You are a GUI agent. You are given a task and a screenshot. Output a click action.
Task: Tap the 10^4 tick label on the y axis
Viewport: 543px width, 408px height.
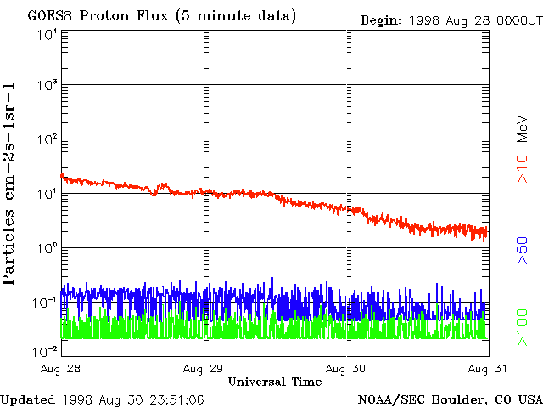pyautogui.click(x=46, y=35)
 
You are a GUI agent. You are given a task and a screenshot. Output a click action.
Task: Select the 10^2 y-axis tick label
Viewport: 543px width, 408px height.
pyautogui.click(x=46, y=140)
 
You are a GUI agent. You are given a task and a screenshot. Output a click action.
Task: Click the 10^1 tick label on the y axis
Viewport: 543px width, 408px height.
pyautogui.click(x=46, y=195)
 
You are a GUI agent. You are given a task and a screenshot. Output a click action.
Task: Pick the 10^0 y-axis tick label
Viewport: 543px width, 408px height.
pyautogui.click(x=46, y=249)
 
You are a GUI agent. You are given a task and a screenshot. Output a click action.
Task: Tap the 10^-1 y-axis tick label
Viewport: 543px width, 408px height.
pyautogui.click(x=44, y=303)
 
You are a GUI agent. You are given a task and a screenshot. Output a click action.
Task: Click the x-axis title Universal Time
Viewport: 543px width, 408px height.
pyautogui.click(x=275, y=382)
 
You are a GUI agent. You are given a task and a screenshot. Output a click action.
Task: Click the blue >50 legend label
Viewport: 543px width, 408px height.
pyautogui.click(x=523, y=251)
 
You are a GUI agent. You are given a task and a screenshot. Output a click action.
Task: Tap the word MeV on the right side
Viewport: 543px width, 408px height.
pyautogui.click(x=523, y=127)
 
